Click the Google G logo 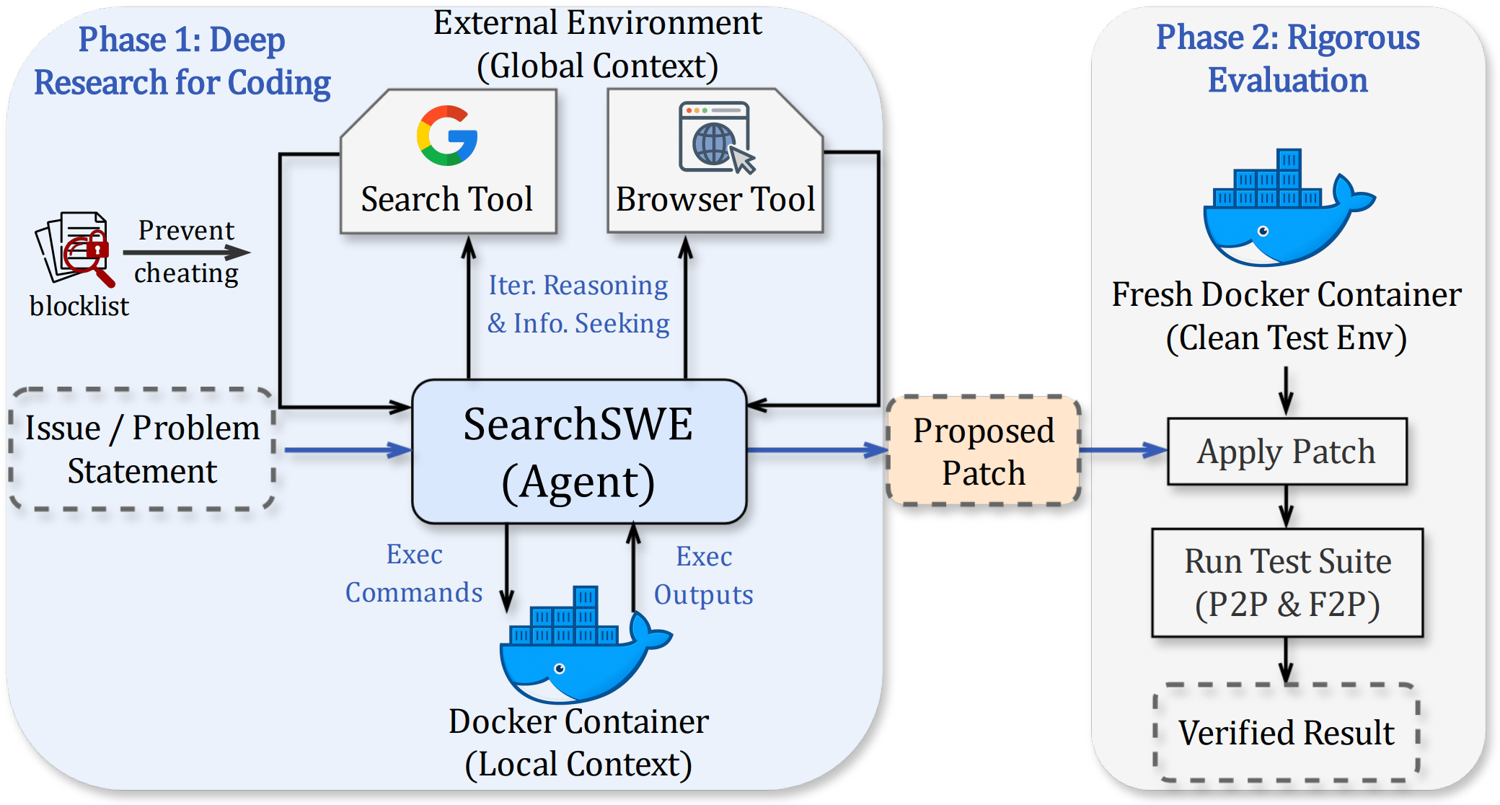tap(447, 136)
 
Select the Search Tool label tap(447, 199)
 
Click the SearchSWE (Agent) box tap(578, 452)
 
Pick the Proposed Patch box tap(984, 451)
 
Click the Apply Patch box tap(1287, 452)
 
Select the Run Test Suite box tap(1287, 582)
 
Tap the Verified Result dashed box tap(1287, 732)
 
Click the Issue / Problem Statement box tap(142, 449)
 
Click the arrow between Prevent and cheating tap(186, 252)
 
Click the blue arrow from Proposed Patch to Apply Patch tap(1123, 450)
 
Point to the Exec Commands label tap(414, 573)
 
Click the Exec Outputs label tap(703, 576)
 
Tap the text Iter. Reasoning tap(578, 285)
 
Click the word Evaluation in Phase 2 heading tap(1287, 80)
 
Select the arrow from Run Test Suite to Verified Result tap(1286, 660)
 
